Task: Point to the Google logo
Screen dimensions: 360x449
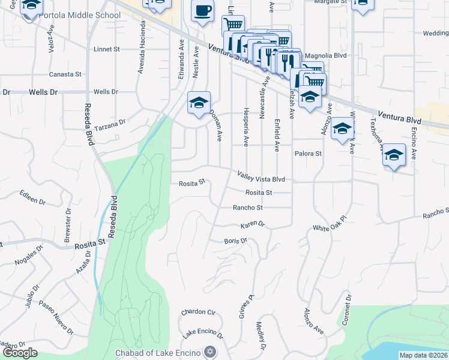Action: (x=19, y=353)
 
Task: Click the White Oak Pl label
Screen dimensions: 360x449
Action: (x=330, y=229)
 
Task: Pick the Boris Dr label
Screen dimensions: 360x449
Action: (x=235, y=241)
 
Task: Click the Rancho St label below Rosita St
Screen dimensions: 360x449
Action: (x=248, y=208)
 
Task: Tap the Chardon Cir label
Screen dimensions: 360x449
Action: (x=198, y=312)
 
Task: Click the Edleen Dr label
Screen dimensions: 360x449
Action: (x=32, y=197)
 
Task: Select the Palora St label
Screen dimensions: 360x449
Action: (x=308, y=154)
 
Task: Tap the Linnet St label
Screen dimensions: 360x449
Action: (x=107, y=49)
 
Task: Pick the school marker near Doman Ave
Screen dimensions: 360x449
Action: (x=199, y=103)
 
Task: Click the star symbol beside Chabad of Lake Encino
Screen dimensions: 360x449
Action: (x=209, y=351)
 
